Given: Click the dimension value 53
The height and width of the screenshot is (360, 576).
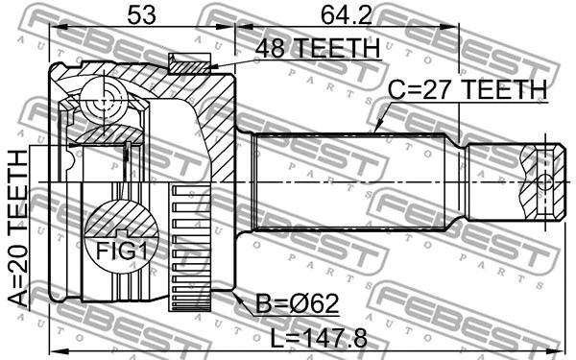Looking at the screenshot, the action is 142,15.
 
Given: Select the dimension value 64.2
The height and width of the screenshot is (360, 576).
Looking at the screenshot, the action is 347,15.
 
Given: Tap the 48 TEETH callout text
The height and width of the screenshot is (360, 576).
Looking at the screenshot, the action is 318,48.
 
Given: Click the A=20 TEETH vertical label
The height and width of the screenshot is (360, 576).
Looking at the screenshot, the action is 18,228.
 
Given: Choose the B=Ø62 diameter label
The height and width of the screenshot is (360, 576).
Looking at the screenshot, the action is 297,303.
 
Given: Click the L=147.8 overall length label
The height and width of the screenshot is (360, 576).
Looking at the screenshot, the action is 319,338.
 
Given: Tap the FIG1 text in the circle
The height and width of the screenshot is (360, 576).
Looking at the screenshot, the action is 122,252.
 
